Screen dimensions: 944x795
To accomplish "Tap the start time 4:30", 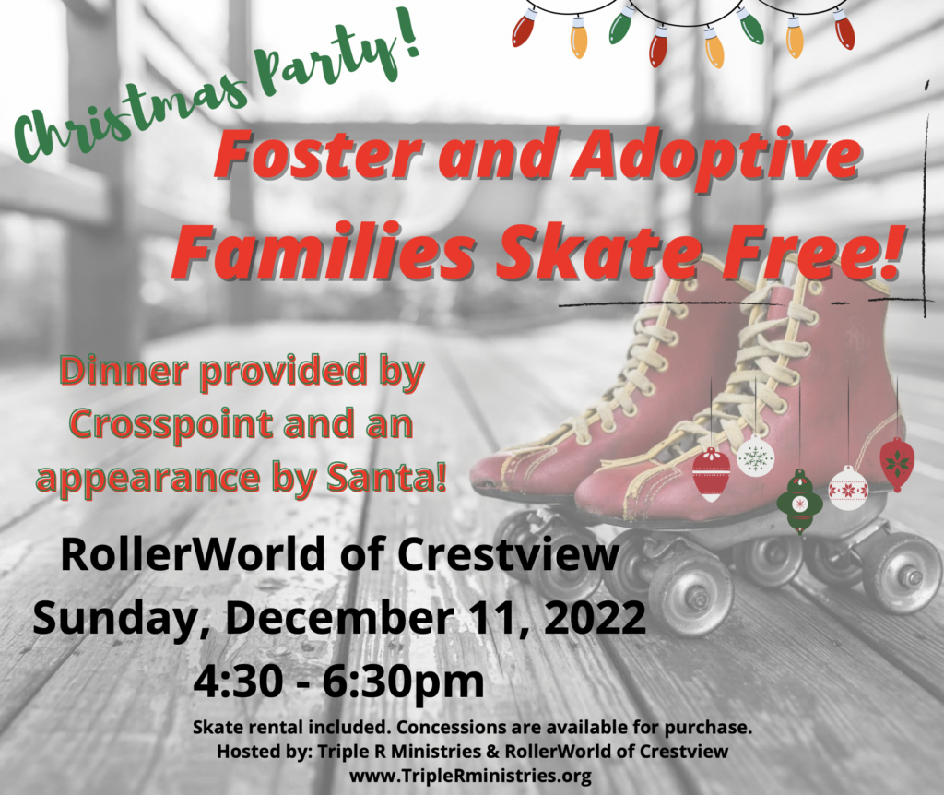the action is (239, 682).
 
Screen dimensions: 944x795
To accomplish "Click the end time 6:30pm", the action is (404, 683).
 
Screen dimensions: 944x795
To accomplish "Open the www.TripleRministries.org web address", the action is (470, 777).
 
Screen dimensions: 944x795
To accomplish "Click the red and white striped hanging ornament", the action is (711, 474).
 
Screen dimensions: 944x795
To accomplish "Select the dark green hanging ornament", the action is (799, 501).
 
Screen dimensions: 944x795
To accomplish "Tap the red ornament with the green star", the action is (897, 464).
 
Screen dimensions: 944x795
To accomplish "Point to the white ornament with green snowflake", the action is (756, 456).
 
